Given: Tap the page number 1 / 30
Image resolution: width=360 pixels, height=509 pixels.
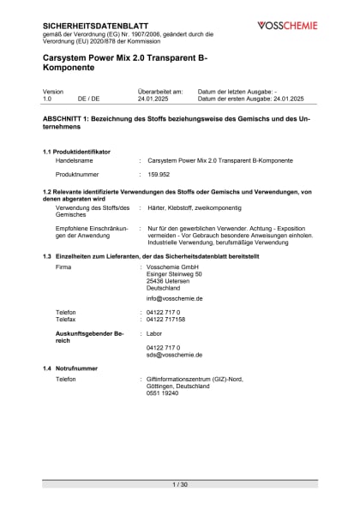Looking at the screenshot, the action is (x=179, y=484).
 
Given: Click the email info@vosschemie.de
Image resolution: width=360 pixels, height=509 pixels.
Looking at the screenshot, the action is (x=175, y=298).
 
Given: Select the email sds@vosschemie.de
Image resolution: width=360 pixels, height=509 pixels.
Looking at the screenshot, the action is (x=175, y=354).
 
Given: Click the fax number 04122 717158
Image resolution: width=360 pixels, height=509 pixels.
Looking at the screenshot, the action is (x=166, y=319).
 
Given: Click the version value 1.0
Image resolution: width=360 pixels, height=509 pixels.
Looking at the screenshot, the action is (x=47, y=99).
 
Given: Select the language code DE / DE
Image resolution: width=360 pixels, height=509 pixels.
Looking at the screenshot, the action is (x=88, y=99).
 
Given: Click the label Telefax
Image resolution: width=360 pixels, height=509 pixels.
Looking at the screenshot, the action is (x=68, y=319).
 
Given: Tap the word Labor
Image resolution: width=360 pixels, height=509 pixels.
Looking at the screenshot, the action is (x=154, y=332).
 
